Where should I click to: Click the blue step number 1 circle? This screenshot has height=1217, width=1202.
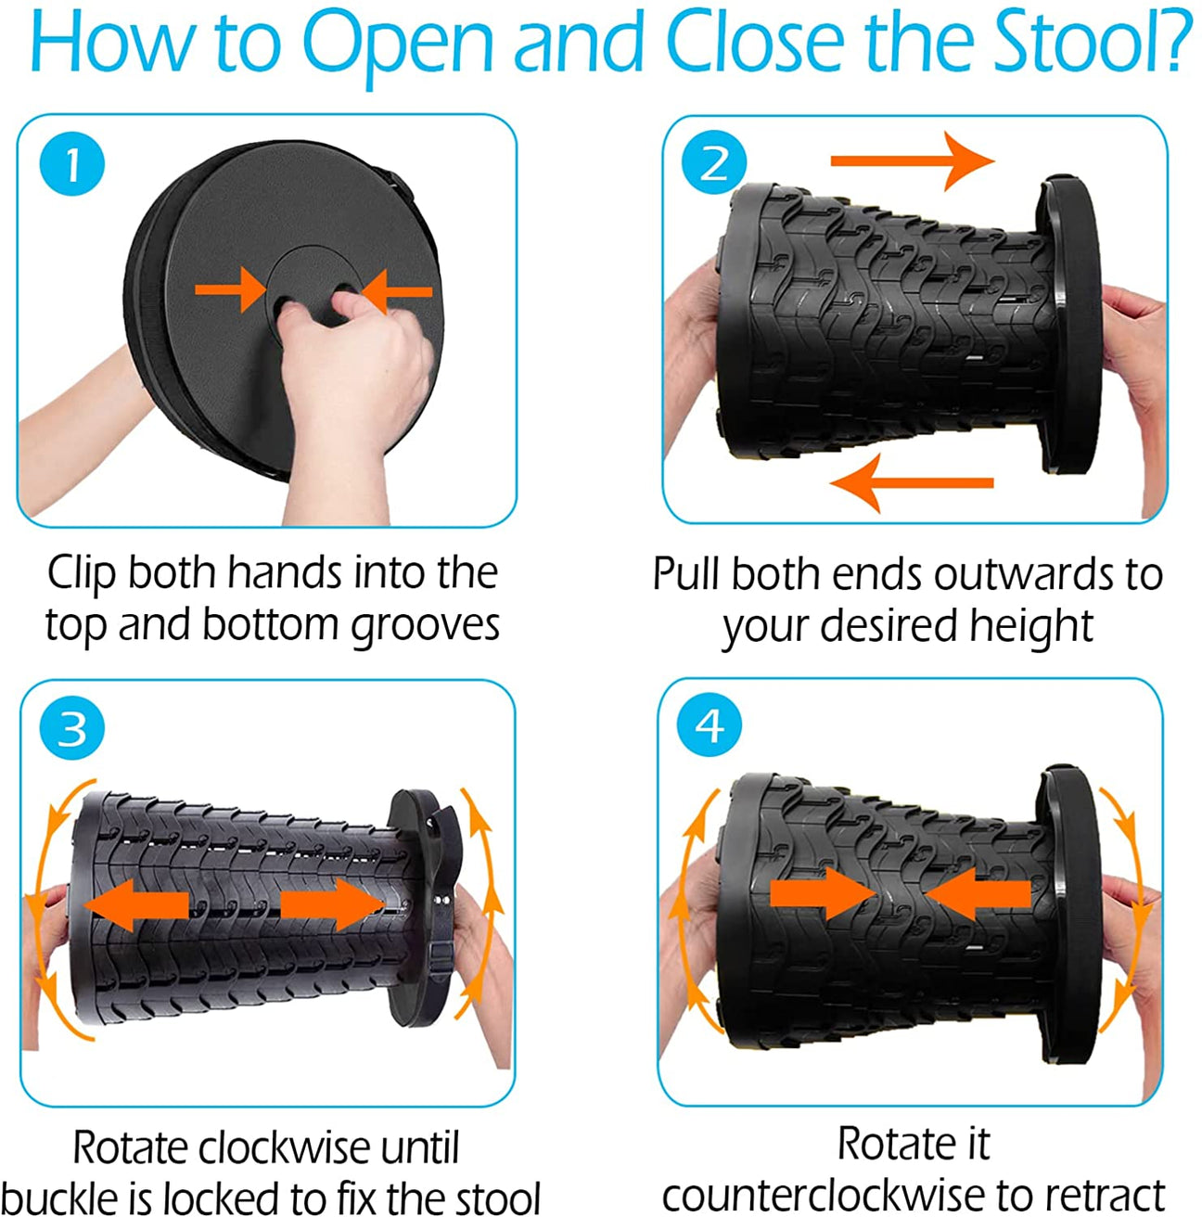coord(71,163)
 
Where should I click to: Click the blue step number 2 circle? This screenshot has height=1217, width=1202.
coord(714,162)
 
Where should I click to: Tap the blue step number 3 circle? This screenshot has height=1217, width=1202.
coord(71,729)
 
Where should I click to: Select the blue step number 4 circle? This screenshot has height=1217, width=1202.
coord(709,725)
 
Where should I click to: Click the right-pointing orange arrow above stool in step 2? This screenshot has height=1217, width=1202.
coord(912,161)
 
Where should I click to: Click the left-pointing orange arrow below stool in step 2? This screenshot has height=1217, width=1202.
coord(912,483)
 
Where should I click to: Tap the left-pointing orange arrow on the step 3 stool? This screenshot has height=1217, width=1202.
coord(135,905)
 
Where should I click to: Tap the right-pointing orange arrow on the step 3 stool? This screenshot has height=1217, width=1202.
coord(333,905)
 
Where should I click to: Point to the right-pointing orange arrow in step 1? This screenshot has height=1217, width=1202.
coord(230,290)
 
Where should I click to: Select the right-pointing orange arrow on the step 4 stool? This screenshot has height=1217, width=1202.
coord(823,893)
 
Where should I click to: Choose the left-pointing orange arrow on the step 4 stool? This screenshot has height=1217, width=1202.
coord(978,893)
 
